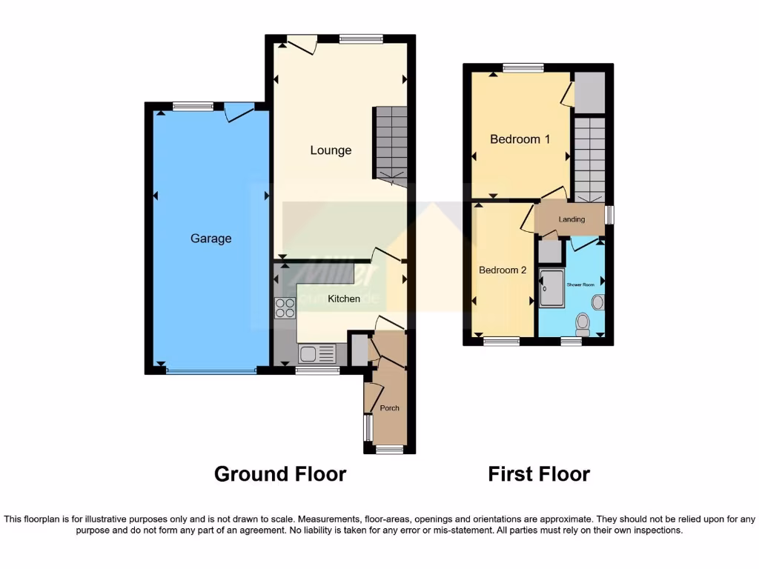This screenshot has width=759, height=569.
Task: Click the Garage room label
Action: (211, 239)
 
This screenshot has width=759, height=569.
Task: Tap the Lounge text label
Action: (331, 150)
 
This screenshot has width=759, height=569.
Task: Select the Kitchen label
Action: (344, 299)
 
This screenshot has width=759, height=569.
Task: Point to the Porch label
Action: (389, 408)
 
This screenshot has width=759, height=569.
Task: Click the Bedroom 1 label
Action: (520, 139)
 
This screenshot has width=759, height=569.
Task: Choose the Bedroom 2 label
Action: (503, 270)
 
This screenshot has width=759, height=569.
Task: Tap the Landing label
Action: (571, 219)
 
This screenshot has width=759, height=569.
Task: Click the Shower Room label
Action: (580, 284)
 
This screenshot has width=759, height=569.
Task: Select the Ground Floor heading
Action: (280, 474)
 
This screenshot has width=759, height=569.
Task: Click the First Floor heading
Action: (539, 474)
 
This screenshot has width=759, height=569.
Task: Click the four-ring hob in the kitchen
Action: (285, 308)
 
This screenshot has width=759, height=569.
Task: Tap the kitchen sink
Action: (316, 354)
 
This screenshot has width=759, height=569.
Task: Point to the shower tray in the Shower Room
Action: (552, 288)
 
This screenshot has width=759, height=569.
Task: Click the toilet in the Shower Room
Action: (583, 323)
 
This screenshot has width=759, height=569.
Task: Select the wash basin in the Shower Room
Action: (597, 302)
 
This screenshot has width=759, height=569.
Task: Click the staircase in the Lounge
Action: (391, 143)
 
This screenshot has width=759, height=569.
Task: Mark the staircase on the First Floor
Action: (590, 159)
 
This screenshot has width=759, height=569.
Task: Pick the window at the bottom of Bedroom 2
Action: (502, 342)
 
